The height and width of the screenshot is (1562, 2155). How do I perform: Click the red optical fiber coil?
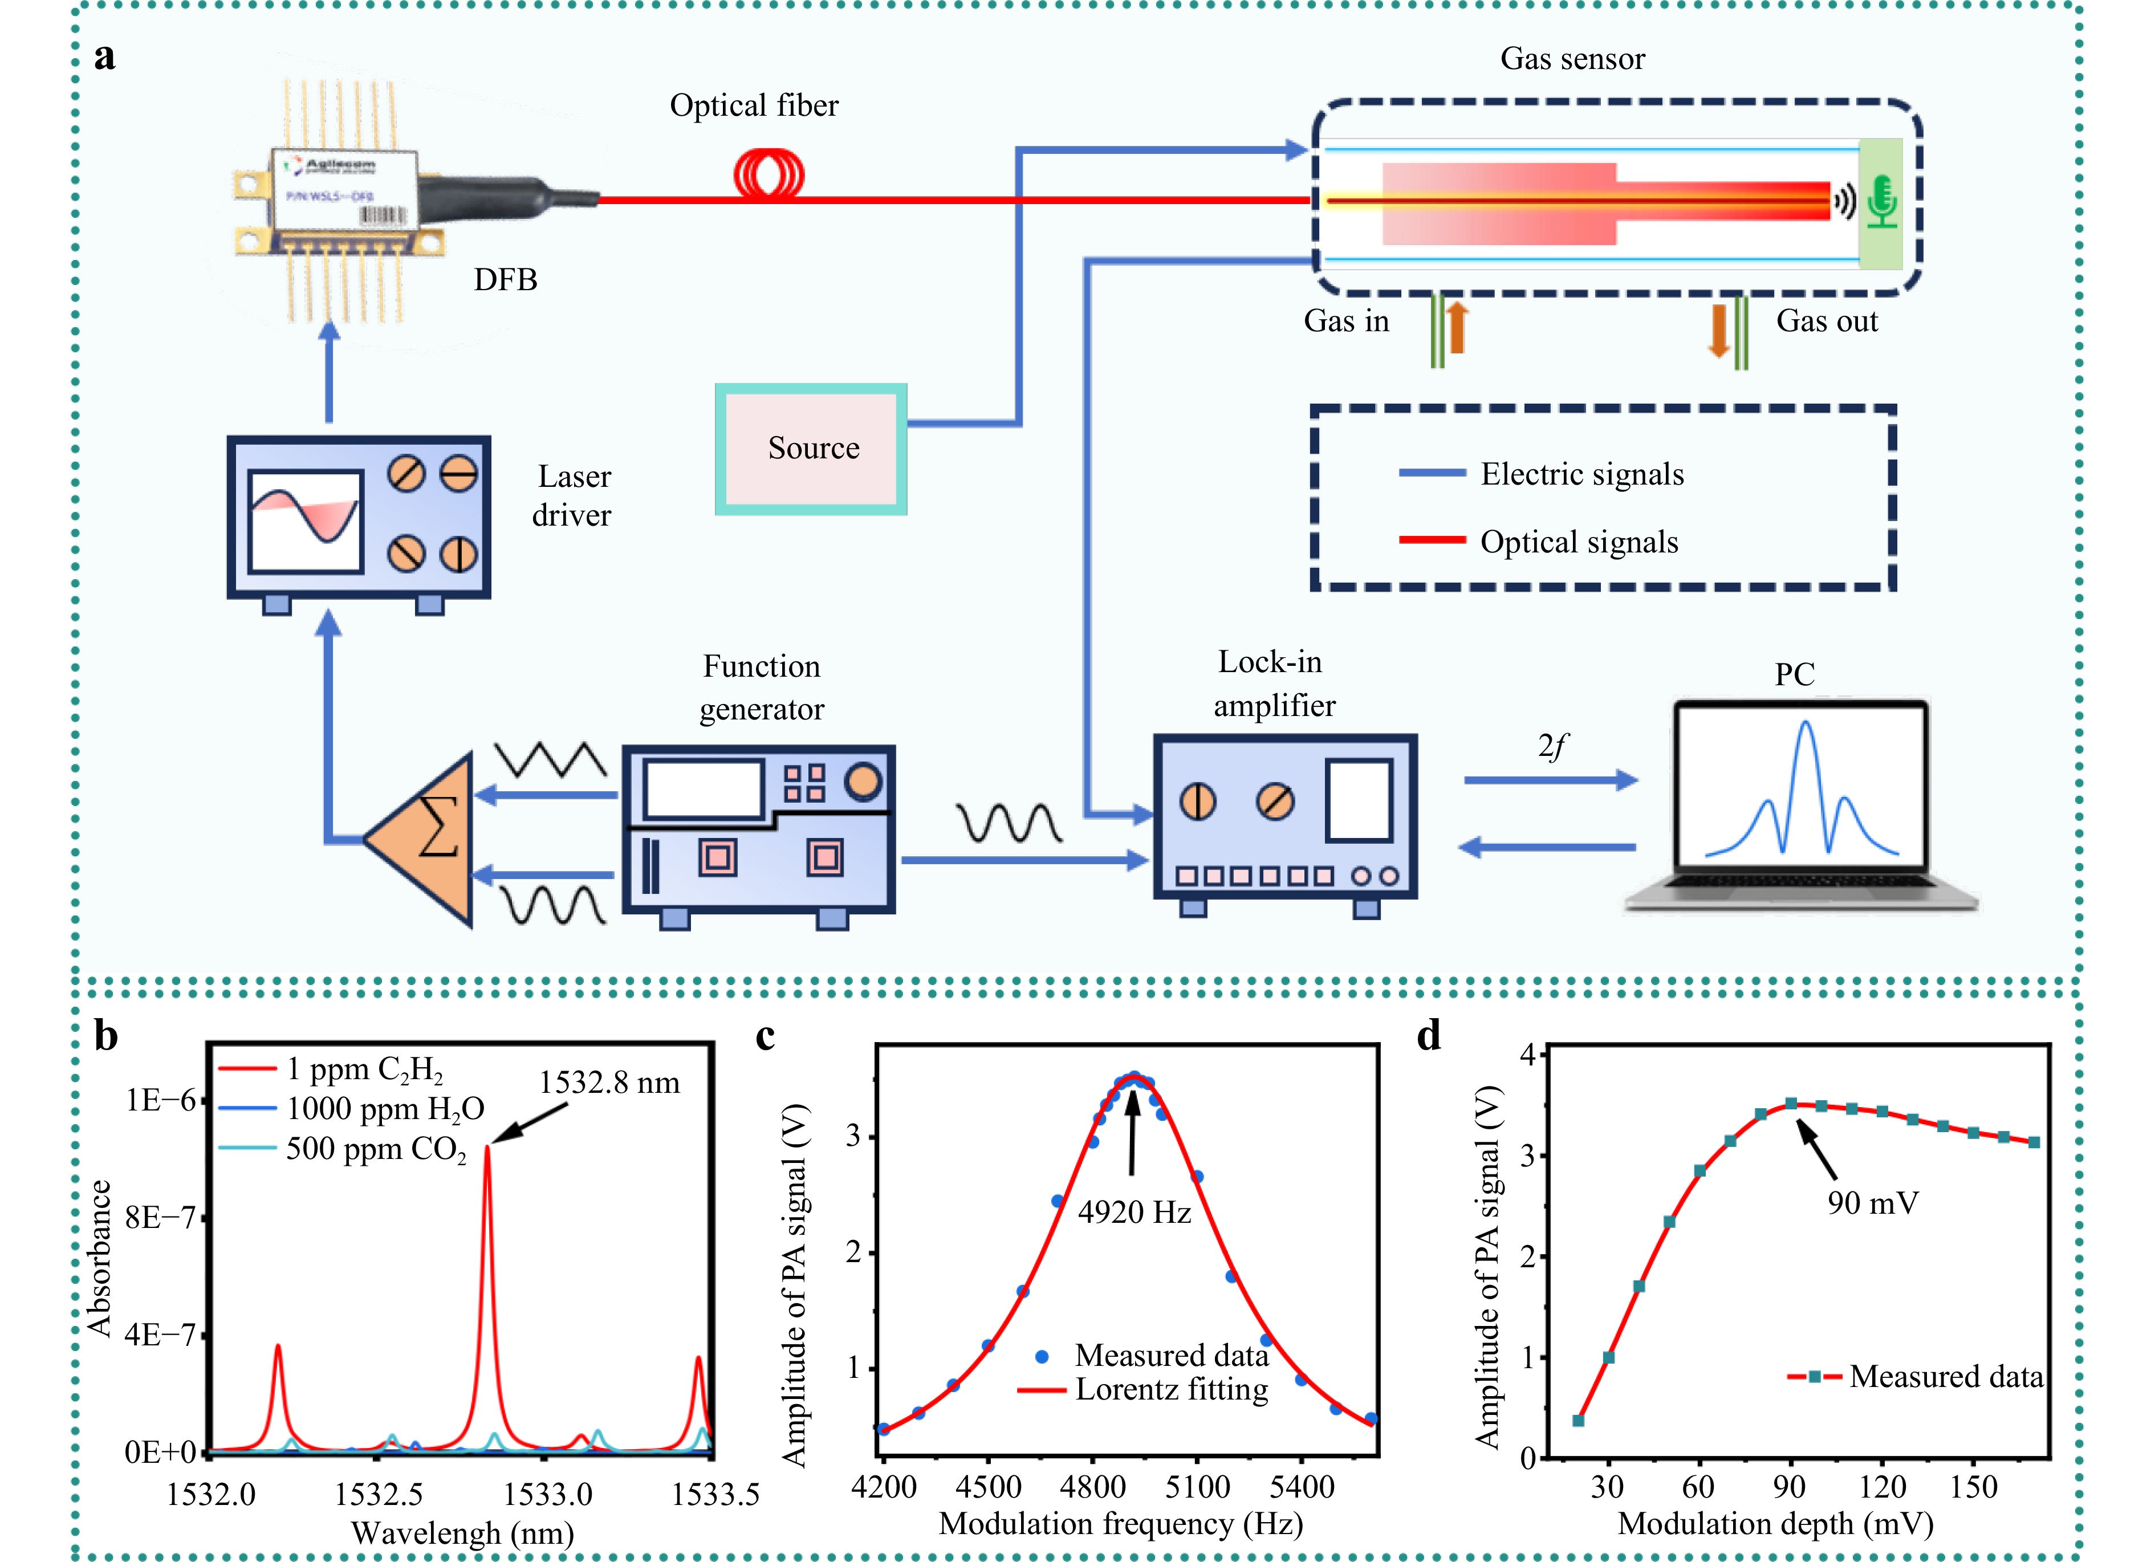[769, 175]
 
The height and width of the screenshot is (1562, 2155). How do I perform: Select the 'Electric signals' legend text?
[1582, 474]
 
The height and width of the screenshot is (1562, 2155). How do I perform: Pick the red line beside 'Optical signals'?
[1432, 540]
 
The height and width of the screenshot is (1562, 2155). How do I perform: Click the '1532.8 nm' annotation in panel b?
[609, 1083]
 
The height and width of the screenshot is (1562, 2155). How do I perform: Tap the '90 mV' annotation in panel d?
[1872, 1204]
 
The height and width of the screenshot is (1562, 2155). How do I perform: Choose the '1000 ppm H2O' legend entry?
[385, 1109]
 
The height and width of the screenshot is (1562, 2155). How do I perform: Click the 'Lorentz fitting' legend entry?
[1170, 1390]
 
